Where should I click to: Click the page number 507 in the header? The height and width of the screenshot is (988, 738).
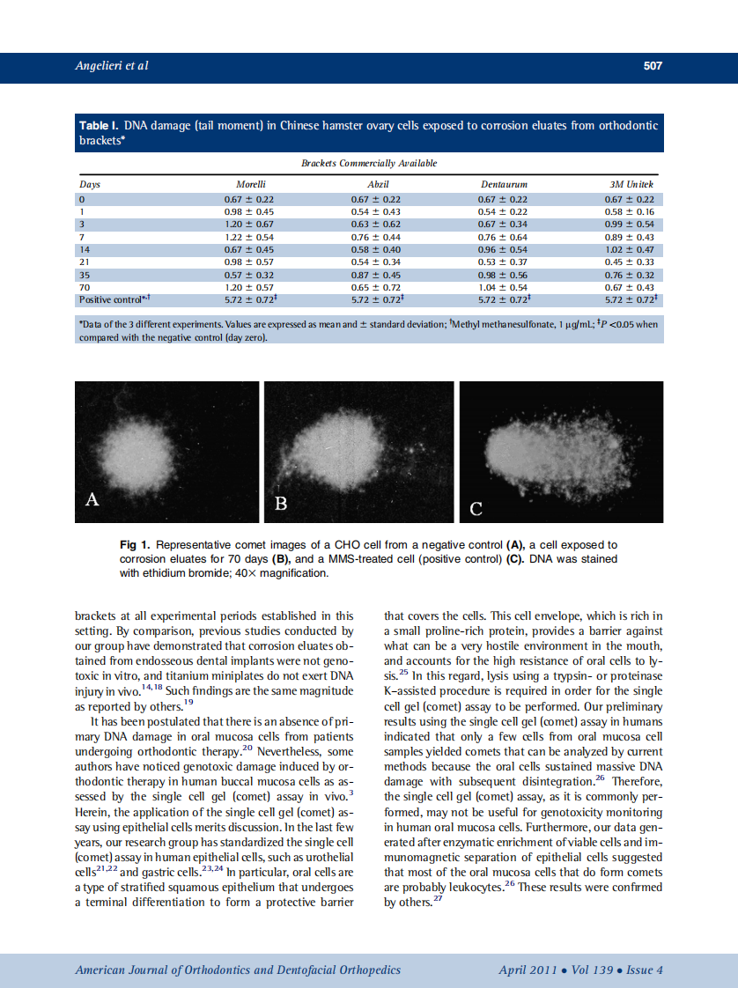click(x=652, y=66)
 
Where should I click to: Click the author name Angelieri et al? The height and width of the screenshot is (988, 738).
click(x=111, y=66)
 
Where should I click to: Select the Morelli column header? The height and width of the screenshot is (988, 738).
click(x=252, y=185)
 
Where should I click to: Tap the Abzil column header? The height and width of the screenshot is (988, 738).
click(x=377, y=185)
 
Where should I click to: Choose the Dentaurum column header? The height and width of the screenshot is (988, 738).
click(x=504, y=185)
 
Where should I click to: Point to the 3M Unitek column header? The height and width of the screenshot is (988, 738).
click(x=631, y=185)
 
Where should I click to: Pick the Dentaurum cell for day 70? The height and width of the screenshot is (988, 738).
click(x=504, y=287)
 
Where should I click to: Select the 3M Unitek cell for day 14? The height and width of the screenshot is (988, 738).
click(x=631, y=249)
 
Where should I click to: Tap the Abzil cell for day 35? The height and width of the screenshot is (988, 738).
click(x=376, y=275)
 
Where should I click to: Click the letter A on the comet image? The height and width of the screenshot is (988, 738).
click(x=92, y=500)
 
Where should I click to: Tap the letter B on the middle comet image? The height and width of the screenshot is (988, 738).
click(x=281, y=504)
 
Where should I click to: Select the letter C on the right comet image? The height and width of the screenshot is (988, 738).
click(x=476, y=508)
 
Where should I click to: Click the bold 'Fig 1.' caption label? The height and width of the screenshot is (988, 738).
click(x=135, y=545)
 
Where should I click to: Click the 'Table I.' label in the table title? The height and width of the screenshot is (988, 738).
click(x=100, y=126)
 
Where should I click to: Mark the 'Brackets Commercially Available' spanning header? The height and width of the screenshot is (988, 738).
click(x=369, y=163)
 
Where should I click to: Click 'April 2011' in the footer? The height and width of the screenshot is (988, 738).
click(x=527, y=970)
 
